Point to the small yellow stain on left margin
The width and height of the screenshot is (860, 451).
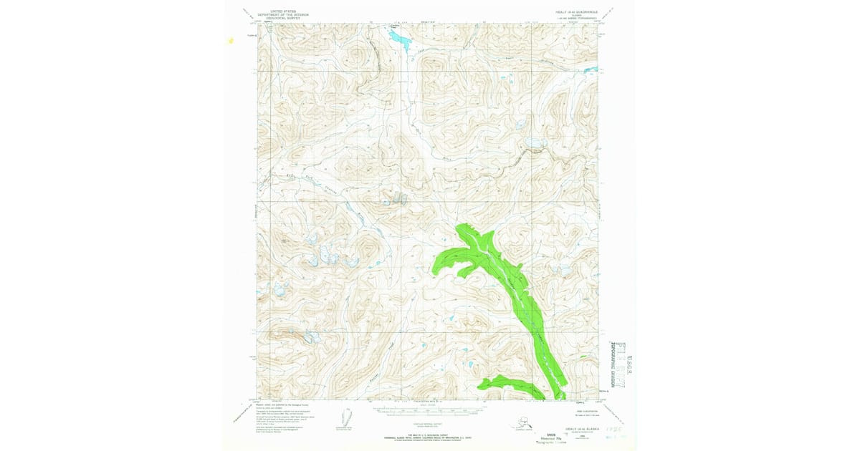[231, 41]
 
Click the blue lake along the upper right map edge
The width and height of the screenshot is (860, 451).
[535, 144]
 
